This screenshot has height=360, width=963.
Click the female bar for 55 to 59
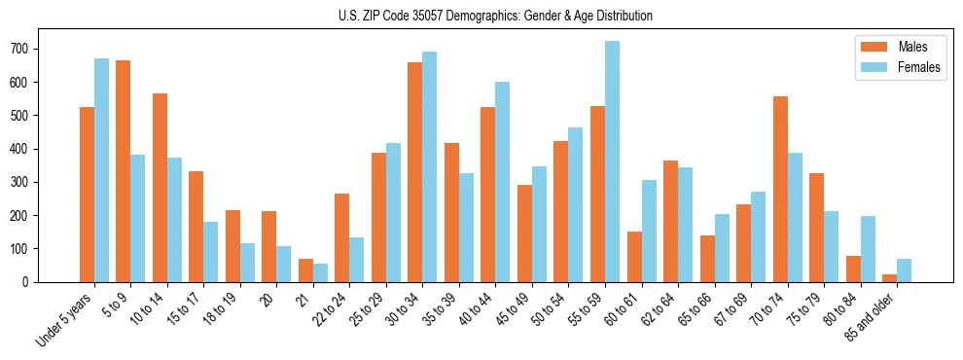(612, 162)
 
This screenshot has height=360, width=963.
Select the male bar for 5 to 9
(123, 171)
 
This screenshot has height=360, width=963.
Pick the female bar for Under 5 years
(101, 170)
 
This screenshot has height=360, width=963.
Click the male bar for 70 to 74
(780, 189)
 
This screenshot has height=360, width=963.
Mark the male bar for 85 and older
(889, 278)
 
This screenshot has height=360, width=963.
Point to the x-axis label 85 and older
(876, 321)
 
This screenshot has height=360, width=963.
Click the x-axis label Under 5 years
(66, 320)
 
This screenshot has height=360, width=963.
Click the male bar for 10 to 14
(160, 188)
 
